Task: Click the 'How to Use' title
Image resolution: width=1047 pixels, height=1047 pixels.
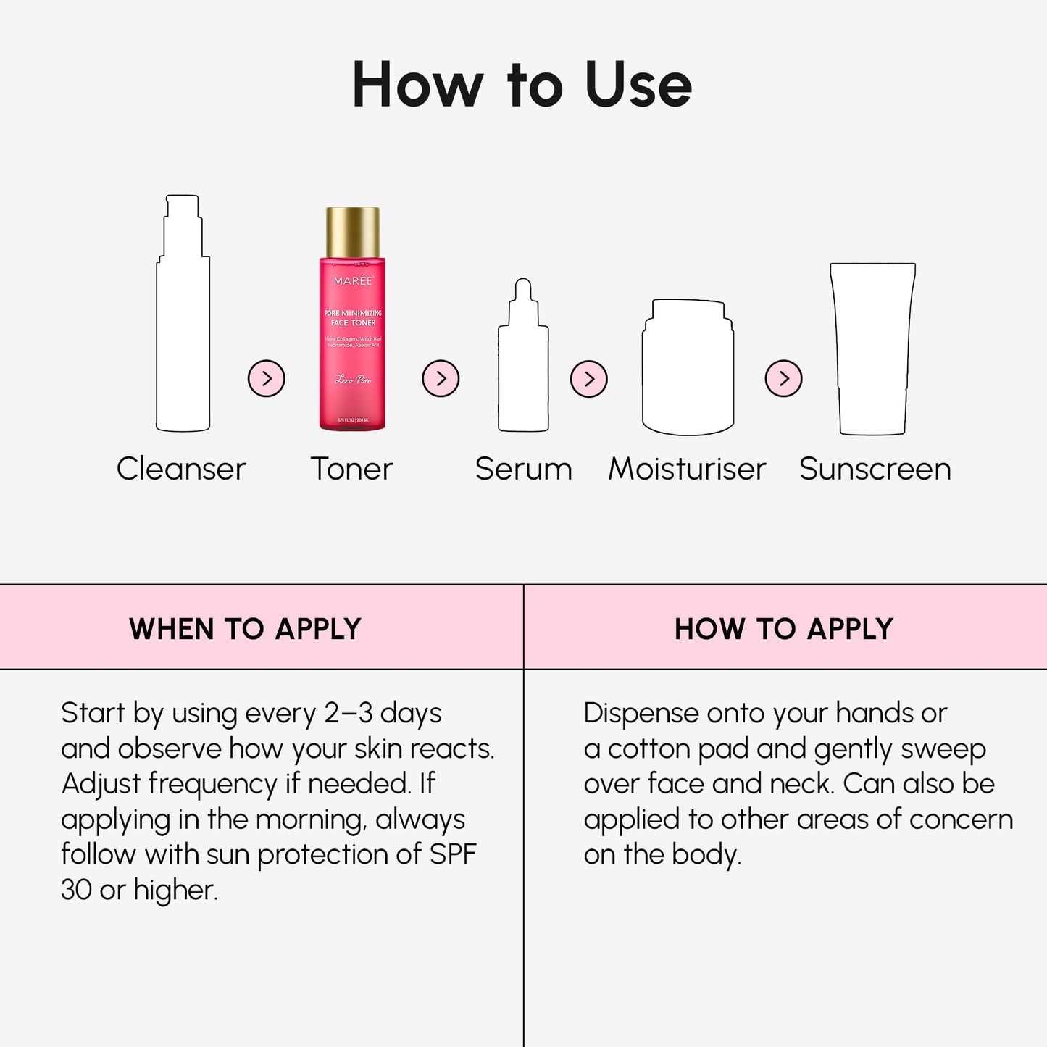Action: pos(522,85)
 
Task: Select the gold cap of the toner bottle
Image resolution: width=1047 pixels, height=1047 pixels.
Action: pos(353,232)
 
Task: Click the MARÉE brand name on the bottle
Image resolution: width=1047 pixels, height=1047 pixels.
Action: pos(353,280)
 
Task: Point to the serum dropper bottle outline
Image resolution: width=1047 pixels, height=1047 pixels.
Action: pos(523,362)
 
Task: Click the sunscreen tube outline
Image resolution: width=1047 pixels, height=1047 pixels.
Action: pos(872,348)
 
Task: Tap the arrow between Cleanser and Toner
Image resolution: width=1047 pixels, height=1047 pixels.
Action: pos(267,378)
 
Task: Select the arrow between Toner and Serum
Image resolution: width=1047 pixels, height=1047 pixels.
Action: pos(441,378)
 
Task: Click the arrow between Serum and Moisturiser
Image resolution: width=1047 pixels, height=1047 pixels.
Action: pos(588,378)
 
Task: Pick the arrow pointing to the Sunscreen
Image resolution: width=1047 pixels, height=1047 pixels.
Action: pos(784,378)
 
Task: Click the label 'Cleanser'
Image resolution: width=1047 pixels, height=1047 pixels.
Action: pos(181,469)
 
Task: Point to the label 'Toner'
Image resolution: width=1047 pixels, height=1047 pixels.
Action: pos(351,469)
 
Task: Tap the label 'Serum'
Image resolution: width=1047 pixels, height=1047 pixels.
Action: pos(523,469)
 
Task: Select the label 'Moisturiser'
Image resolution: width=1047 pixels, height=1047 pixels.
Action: pos(687,469)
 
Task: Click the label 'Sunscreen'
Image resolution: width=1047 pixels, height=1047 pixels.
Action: pos(875,469)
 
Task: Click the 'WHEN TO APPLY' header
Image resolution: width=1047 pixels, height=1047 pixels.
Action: pos(245,628)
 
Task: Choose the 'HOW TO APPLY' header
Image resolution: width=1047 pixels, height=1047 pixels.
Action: pos(783,628)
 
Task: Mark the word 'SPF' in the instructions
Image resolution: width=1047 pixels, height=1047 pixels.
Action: pos(453,854)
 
